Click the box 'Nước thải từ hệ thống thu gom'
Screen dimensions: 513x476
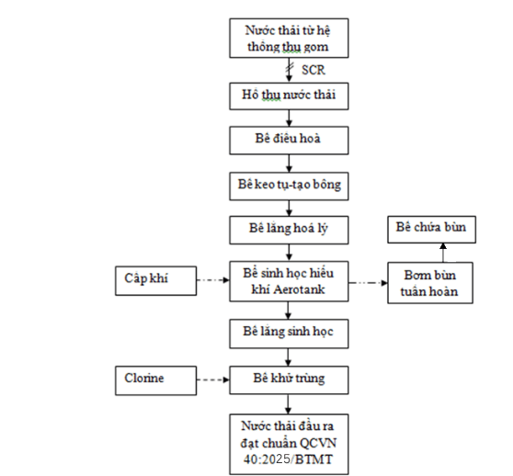click(x=289, y=39)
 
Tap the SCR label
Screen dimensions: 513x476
click(x=313, y=70)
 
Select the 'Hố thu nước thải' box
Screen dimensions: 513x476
click(x=289, y=96)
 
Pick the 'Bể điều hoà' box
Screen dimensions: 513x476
click(x=289, y=141)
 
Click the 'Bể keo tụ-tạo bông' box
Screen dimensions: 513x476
click(x=289, y=186)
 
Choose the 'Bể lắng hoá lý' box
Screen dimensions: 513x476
click(x=289, y=230)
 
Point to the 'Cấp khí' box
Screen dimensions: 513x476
click(x=155, y=281)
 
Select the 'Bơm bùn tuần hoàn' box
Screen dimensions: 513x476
click(x=430, y=283)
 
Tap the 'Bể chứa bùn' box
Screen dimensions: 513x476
click(x=431, y=230)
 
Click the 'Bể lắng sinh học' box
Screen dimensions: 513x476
click(x=289, y=334)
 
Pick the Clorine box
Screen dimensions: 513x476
click(x=155, y=380)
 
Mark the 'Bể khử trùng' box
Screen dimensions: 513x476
click(x=289, y=380)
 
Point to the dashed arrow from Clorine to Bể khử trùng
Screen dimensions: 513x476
click(x=213, y=380)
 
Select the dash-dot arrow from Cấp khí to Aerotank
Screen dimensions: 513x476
click(x=213, y=280)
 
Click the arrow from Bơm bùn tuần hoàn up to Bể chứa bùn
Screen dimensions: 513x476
click(x=443, y=253)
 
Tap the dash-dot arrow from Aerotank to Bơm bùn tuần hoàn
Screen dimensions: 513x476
click(x=368, y=282)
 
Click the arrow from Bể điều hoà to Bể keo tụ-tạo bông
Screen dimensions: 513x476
click(x=289, y=164)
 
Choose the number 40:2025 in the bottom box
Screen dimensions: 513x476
click(x=267, y=459)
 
